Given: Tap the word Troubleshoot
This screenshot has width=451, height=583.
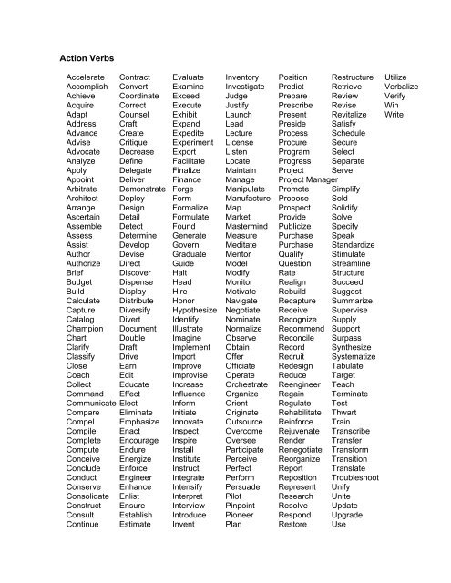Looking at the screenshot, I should pos(360,477).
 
